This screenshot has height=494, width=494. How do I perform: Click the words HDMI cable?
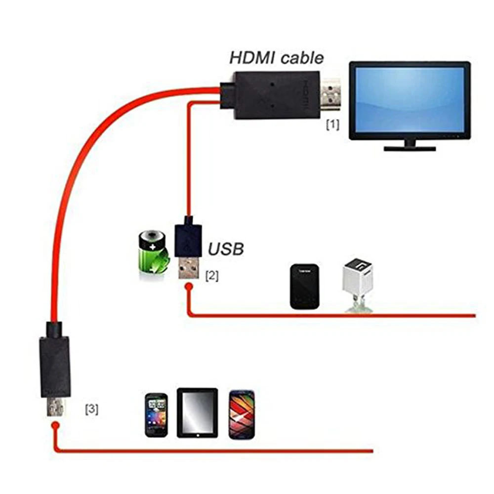277,58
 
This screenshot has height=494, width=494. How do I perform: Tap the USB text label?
226,248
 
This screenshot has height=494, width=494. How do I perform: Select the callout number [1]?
332,125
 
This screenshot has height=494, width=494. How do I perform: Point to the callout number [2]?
211,276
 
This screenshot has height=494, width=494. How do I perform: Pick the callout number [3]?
91,409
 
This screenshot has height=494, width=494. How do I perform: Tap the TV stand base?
410,148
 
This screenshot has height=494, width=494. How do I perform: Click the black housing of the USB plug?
189,238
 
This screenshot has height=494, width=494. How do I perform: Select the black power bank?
304,287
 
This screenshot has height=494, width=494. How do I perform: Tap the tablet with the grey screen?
197,412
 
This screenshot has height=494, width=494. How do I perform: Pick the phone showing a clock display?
156,414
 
